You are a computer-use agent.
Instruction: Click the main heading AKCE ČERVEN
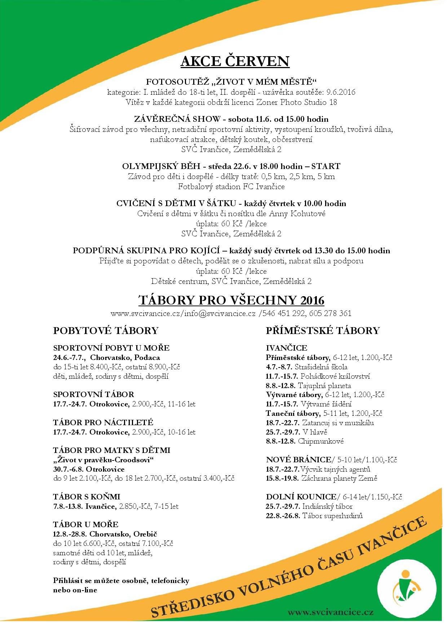coord(235,61)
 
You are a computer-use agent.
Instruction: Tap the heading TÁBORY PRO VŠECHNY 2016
coord(231,300)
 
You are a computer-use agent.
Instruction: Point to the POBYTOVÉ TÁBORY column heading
coord(106,330)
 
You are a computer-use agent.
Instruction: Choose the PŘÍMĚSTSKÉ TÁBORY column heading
coord(323,330)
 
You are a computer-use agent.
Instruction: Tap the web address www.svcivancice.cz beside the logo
coord(330,612)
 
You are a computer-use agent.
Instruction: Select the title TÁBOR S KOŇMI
coord(87,497)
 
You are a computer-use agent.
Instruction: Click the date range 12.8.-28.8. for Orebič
coord(70,534)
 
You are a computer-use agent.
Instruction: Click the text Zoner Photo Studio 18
coord(297,102)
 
